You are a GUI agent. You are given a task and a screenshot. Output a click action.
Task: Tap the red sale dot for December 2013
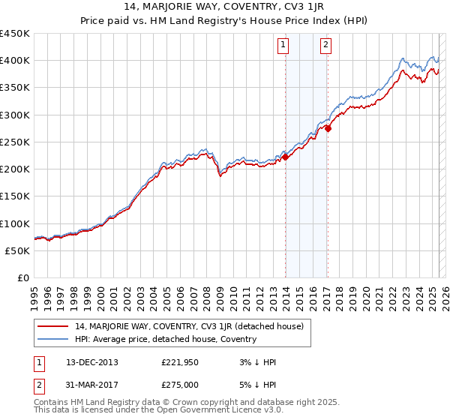285,157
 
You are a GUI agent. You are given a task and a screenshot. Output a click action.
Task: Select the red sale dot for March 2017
328,128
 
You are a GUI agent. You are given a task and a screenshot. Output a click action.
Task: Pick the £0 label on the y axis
23,277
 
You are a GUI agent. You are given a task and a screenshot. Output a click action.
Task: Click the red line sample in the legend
53,326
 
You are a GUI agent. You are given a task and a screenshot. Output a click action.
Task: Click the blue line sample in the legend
53,339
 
